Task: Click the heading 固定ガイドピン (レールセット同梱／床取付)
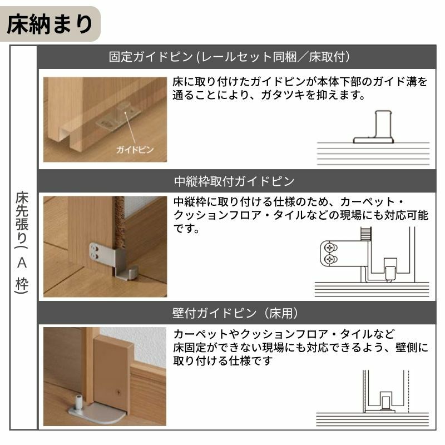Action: coord(229,57)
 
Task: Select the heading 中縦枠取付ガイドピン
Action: coord(234,182)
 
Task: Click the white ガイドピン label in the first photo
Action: coord(134,150)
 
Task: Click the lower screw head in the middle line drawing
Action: coord(330,259)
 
